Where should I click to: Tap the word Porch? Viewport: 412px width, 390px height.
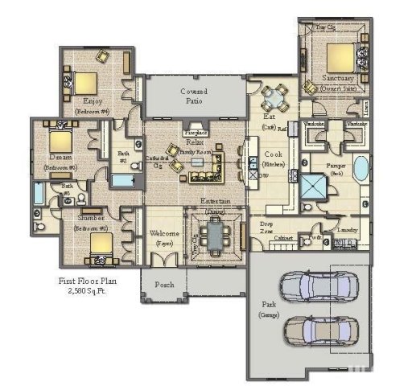[x=164, y=283]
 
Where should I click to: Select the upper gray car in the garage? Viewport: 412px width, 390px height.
[x=317, y=286]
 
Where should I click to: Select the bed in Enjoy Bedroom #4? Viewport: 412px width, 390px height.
[x=85, y=82]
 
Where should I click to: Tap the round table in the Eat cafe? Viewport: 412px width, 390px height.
[x=274, y=100]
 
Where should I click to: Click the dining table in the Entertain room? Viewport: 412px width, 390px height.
[x=214, y=236]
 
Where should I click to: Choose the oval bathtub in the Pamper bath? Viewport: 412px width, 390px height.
[x=360, y=170]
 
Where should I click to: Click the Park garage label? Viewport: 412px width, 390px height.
[x=269, y=308]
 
